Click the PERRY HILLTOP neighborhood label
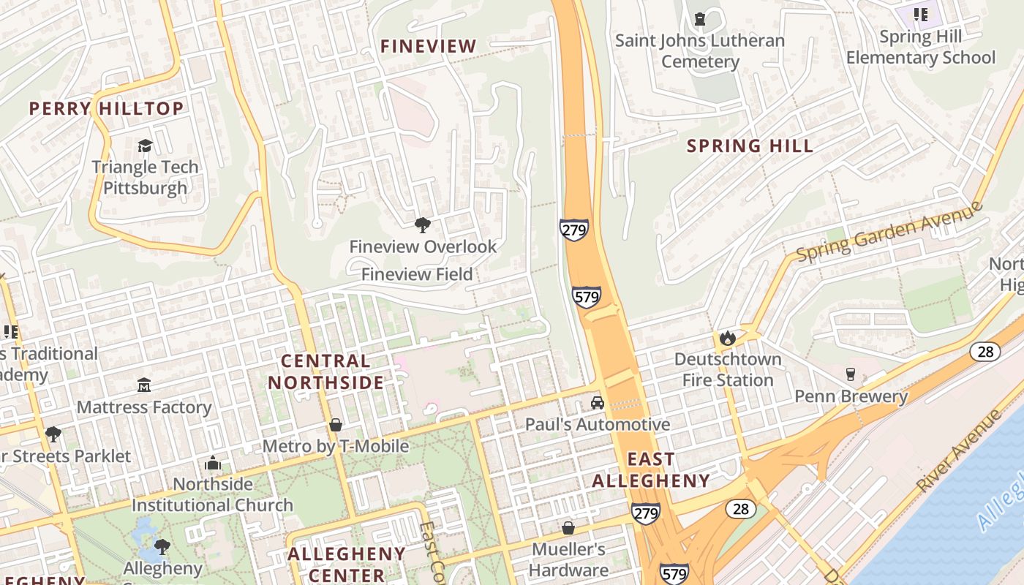106,109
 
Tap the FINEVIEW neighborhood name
428,46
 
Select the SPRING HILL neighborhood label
750,146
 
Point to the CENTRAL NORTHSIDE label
325,371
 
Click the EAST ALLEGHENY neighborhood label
650,469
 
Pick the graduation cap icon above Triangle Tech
145,146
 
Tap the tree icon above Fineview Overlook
422,224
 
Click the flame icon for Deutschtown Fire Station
727,338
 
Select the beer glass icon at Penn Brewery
850,374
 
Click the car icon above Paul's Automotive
598,403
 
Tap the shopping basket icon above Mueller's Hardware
568,527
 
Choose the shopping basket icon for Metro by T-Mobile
336,425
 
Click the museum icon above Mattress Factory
144,385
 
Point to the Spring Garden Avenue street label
889,232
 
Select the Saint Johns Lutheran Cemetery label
700,50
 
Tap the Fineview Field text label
417,274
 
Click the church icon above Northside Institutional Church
213,463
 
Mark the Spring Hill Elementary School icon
921,15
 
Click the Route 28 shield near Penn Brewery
985,352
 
